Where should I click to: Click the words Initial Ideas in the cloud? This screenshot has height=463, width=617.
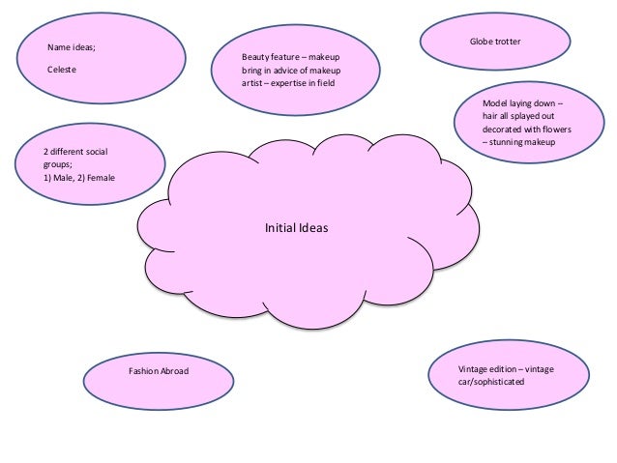pos(297,230)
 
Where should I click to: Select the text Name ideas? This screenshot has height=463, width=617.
pos(73,46)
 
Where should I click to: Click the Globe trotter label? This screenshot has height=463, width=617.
pos(495,42)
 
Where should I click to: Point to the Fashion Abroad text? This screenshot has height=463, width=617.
pos(160,370)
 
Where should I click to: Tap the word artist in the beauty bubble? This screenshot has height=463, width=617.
pos(252,83)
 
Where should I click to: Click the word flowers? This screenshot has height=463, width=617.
pos(553,128)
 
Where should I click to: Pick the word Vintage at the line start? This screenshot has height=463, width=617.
pos(473,369)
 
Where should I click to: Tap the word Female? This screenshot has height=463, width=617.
pos(99,178)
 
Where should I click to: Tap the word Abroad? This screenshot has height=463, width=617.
pos(176,370)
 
